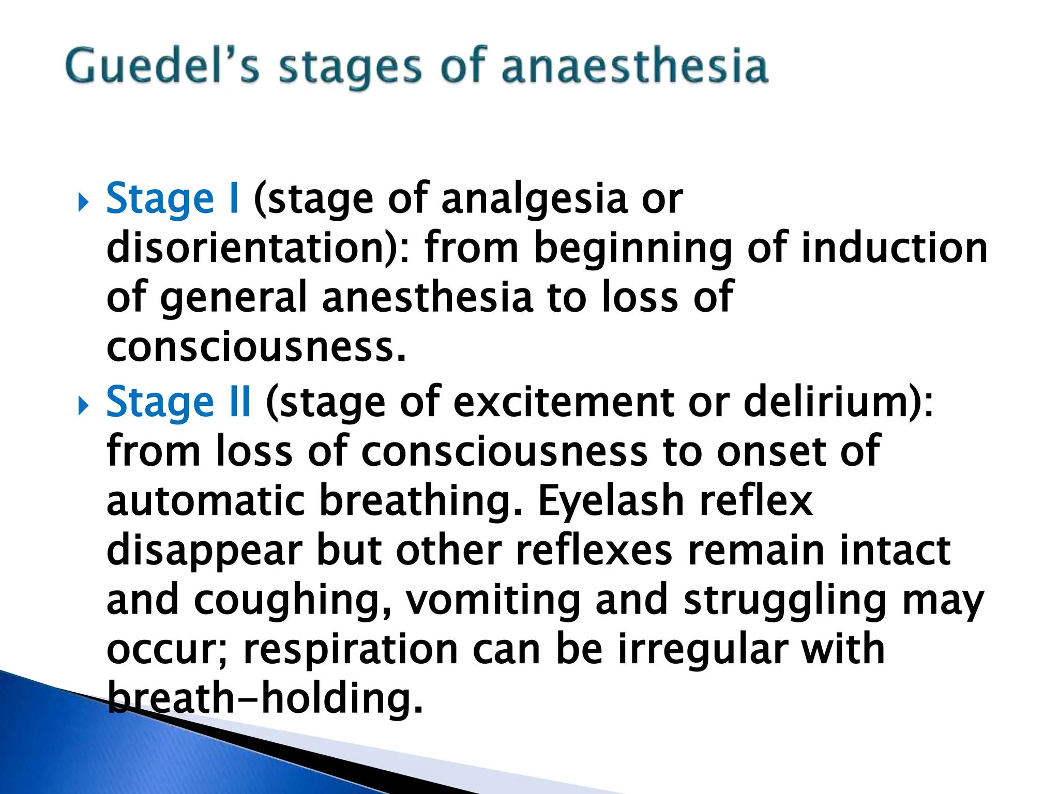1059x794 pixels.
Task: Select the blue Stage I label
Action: point(173,199)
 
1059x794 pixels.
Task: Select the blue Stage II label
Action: point(179,402)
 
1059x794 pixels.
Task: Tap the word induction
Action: point(894,248)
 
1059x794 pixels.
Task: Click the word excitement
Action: point(564,402)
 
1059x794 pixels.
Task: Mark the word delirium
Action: point(838,402)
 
